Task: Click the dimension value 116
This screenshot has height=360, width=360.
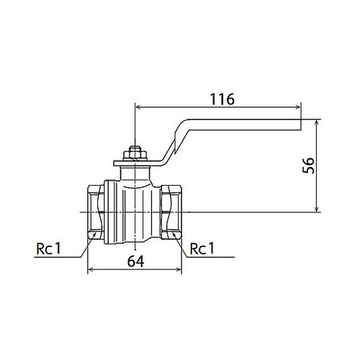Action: (x=222, y=99)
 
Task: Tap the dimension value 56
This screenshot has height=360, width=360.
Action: (x=308, y=166)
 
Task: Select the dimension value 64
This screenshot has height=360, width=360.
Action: (x=135, y=261)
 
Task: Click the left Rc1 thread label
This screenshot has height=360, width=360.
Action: (x=49, y=248)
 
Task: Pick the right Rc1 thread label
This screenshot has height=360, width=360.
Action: (x=202, y=248)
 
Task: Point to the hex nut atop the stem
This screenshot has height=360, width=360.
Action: (x=135, y=153)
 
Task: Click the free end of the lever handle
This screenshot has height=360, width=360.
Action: (x=301, y=125)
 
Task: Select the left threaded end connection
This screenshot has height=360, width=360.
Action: (x=96, y=212)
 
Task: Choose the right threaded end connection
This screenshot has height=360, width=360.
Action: (x=171, y=212)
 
